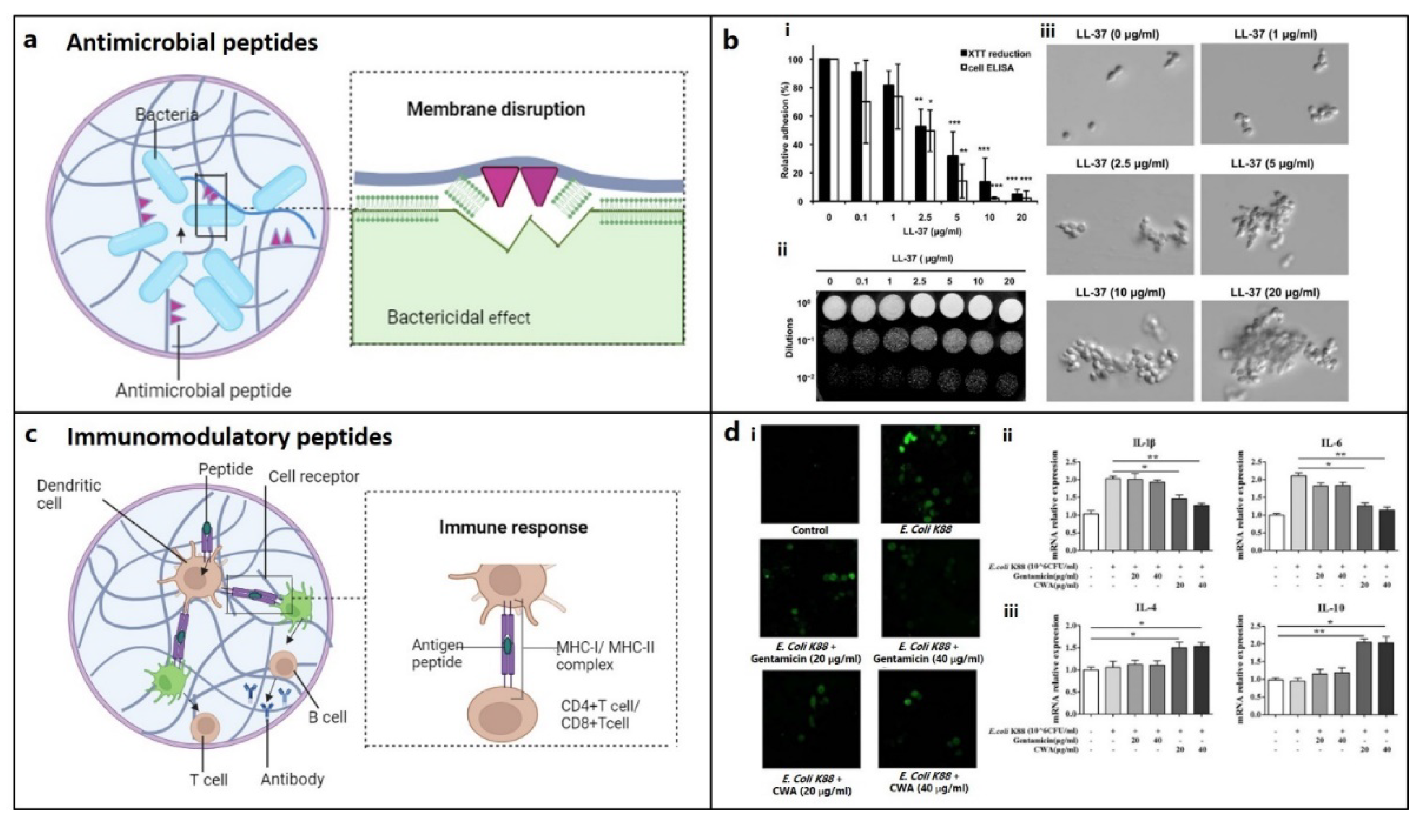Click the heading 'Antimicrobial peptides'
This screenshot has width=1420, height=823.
tap(192, 43)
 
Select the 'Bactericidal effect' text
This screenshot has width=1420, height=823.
tap(458, 317)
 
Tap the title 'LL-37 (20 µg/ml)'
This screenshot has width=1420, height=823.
tap(1275, 293)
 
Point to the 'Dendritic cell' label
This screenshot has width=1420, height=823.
tap(68, 494)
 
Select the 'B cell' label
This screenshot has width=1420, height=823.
tap(327, 717)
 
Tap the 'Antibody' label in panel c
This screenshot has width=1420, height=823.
tap(292, 779)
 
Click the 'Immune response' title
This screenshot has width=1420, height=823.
tap(513, 527)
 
